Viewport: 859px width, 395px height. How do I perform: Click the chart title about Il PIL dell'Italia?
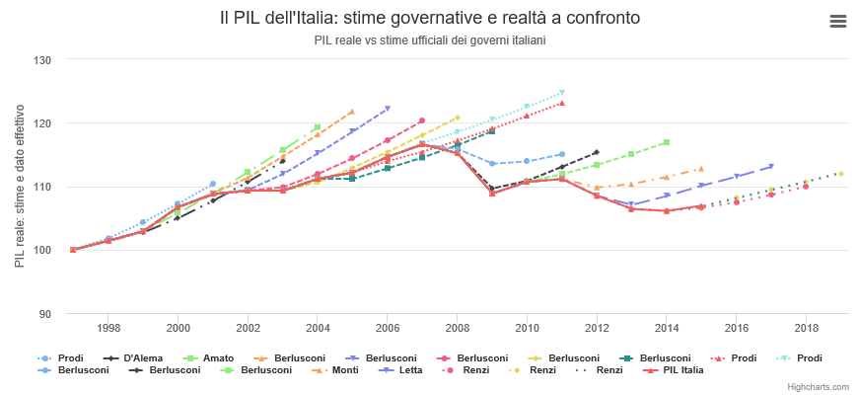click(429, 19)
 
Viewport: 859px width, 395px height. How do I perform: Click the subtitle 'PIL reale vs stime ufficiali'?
click(429, 40)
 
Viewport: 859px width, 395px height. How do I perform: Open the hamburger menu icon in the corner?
click(838, 22)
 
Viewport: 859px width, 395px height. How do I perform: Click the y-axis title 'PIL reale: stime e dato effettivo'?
click(20, 188)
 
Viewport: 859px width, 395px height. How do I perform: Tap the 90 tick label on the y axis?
click(44, 314)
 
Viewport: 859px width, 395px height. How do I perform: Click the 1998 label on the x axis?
click(108, 327)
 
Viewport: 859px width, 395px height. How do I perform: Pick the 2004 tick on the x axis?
click(318, 327)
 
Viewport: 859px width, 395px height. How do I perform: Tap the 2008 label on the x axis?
click(457, 327)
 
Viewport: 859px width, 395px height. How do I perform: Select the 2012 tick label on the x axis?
click(597, 327)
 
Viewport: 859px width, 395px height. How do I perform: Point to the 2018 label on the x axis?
click(806, 327)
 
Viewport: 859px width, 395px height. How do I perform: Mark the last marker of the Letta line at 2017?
click(771, 166)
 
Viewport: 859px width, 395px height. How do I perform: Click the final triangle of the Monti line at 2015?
click(701, 169)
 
